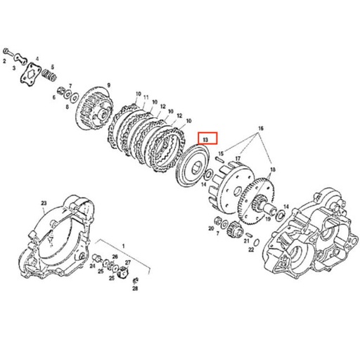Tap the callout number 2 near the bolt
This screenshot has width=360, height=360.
(4, 63)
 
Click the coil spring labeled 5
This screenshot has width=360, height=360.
(49, 72)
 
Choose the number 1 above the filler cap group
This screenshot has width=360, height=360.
(124, 246)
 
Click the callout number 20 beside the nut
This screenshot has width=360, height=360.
(210, 228)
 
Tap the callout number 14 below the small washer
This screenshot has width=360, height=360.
(204, 185)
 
